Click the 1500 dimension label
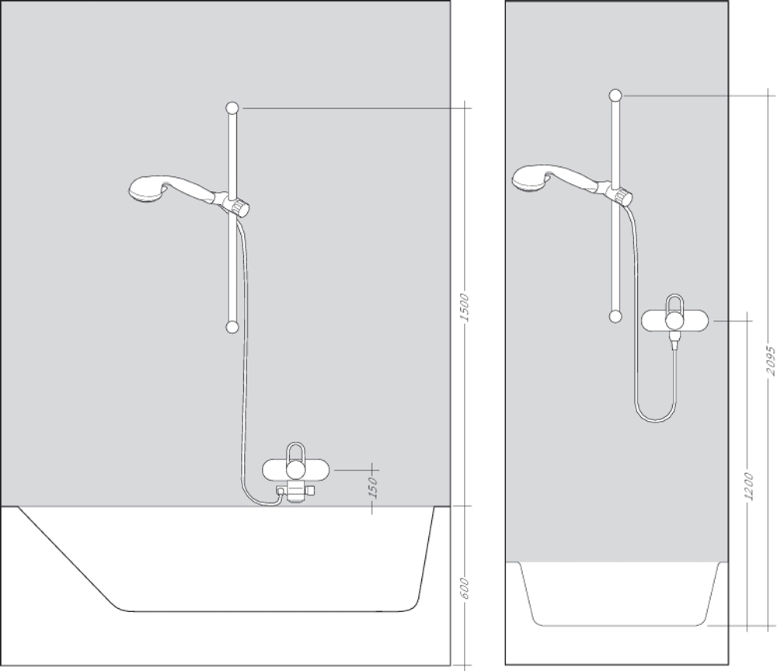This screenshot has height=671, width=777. (464, 308)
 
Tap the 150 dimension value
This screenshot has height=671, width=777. (373, 488)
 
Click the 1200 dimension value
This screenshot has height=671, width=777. (747, 487)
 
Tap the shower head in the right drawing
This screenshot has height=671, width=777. (530, 176)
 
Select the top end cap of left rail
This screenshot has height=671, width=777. (232, 107)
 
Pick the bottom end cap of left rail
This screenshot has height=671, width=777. (232, 327)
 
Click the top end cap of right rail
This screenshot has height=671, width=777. (615, 96)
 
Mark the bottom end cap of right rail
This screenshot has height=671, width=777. (615, 315)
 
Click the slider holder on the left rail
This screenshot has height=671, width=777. (236, 205)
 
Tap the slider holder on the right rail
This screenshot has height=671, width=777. (621, 194)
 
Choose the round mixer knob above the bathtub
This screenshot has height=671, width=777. (296, 470)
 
